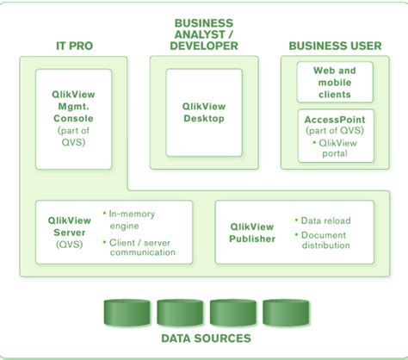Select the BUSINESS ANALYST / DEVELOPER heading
(204, 34)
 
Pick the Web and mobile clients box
(335, 82)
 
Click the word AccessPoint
(335, 119)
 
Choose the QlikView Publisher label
(252, 233)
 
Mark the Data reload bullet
(325, 220)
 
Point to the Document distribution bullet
(325, 239)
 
